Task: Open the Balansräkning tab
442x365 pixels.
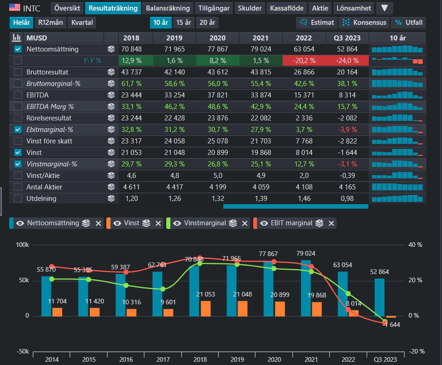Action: click(x=168, y=8)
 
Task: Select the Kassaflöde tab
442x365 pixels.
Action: click(x=287, y=8)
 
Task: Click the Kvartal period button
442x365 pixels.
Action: click(x=82, y=23)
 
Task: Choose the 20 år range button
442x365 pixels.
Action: click(x=207, y=23)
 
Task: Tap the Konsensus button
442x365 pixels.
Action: click(x=364, y=23)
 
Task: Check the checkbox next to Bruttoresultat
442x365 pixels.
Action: click(x=18, y=72)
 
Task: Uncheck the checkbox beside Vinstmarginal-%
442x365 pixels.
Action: click(x=18, y=164)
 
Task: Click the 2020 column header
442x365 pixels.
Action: click(x=217, y=38)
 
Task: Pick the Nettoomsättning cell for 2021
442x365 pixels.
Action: click(x=261, y=49)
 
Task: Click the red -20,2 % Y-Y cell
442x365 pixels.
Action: click(x=304, y=61)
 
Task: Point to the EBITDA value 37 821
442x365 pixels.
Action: click(x=217, y=95)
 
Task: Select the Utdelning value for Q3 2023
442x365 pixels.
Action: click(x=347, y=199)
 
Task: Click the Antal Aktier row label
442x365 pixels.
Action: click(x=44, y=187)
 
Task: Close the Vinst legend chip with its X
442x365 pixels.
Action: click(x=158, y=223)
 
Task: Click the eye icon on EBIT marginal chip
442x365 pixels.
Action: click(x=264, y=223)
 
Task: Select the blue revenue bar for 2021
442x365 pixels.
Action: click(x=306, y=288)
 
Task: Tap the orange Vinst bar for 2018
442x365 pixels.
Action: click(x=205, y=309)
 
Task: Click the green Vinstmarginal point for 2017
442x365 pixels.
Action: click(x=163, y=289)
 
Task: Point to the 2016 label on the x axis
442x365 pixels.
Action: click(x=126, y=359)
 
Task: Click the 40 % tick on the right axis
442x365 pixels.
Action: click(x=415, y=245)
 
